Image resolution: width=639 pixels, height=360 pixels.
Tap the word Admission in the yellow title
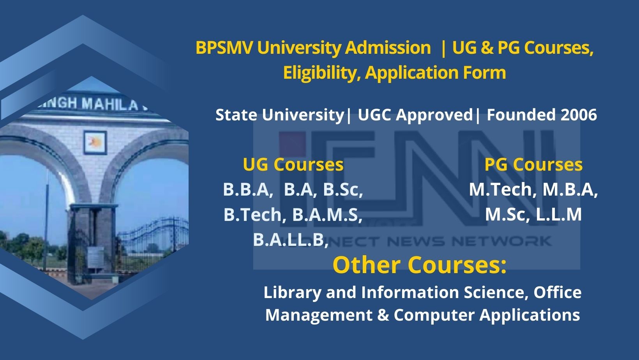[x=388, y=48]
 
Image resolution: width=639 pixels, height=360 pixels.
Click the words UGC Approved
[x=415, y=115]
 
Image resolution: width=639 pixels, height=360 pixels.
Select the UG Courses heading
[x=293, y=164]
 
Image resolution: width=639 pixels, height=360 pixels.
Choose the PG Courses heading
[x=533, y=164]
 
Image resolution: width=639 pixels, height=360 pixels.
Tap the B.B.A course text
[x=246, y=190]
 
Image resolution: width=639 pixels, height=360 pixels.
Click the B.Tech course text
[x=252, y=215]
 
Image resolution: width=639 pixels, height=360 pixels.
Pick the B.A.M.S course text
[x=327, y=215]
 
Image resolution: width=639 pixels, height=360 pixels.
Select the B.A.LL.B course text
[x=290, y=240]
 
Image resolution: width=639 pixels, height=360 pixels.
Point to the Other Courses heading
[x=419, y=265]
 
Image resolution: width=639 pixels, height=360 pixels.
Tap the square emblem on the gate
[x=95, y=143]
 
